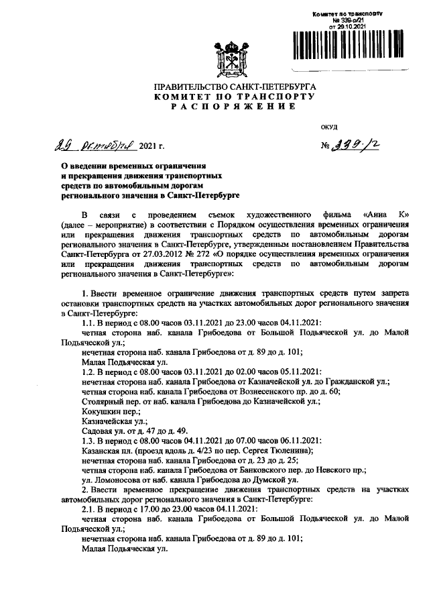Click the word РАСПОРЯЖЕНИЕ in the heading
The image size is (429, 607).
pyautogui.click(x=234, y=107)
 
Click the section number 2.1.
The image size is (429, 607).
pyautogui.click(x=89, y=508)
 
